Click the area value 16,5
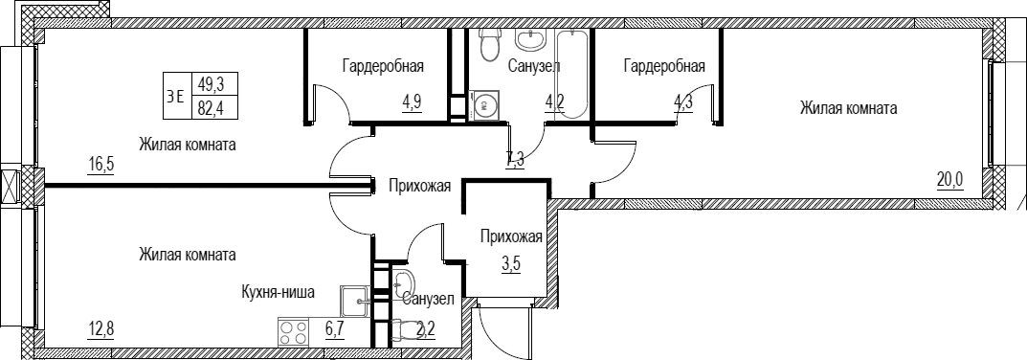point(100,164)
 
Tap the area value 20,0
point(949,179)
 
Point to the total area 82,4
point(211,107)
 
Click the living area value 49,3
point(211,84)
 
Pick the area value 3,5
point(511,266)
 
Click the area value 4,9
point(412,103)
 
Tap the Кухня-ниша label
point(279,292)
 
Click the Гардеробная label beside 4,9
point(383,66)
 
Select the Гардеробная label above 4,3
point(664,66)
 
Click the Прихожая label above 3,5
point(511,236)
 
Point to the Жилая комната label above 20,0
point(848,108)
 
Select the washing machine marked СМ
point(484,104)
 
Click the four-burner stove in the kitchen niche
point(294,332)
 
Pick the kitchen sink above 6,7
point(355,303)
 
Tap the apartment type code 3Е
point(175,96)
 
